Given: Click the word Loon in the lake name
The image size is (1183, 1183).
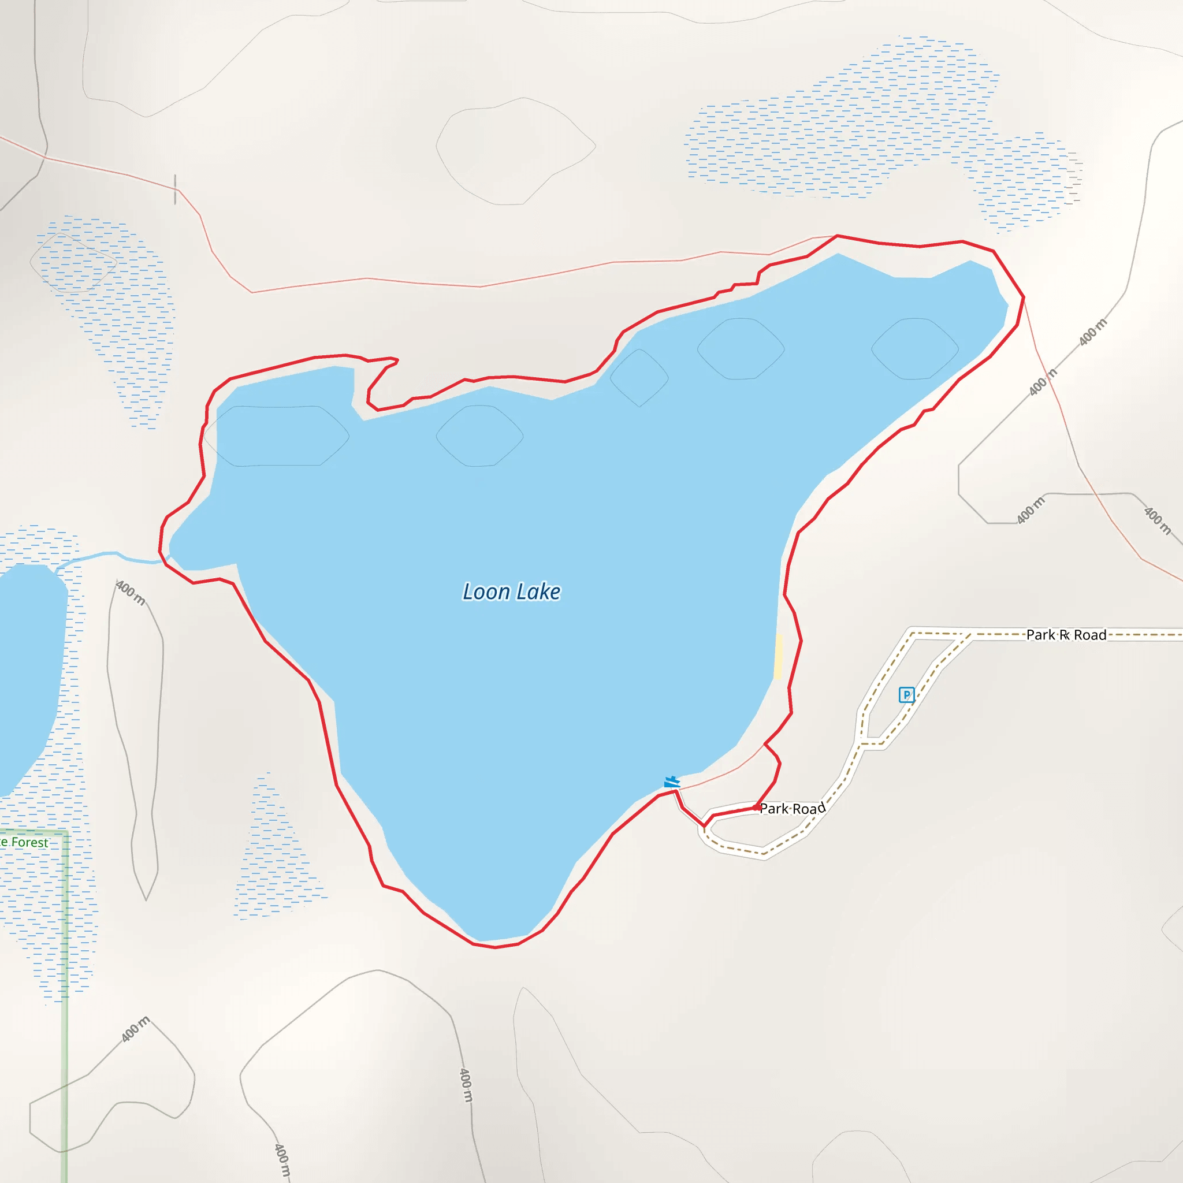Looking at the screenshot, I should point(486,592).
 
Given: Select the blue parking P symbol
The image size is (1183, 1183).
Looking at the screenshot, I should point(906,694).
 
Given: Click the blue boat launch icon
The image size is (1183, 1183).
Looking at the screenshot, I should point(672,782).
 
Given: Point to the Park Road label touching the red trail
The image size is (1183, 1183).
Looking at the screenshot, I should point(793,809).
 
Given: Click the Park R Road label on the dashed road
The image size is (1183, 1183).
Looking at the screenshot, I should point(1066,635).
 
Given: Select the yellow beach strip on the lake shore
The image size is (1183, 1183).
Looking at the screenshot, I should point(778,656).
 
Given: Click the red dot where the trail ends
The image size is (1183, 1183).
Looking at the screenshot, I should point(757,808).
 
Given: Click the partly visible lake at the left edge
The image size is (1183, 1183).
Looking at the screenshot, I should point(28,674).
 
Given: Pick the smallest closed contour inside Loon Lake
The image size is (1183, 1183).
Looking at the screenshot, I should point(639,378).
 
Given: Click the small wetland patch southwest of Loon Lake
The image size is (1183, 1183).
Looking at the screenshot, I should point(276,857).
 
